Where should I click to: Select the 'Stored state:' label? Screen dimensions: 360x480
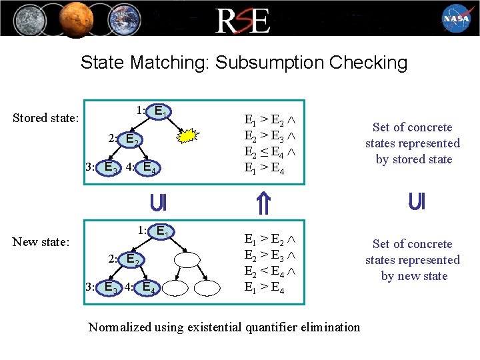click(x=46, y=118)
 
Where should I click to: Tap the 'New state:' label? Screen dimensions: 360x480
click(x=41, y=242)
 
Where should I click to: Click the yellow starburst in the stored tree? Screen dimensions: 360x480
click(x=189, y=136)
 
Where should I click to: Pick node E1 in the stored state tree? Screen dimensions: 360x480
click(x=161, y=111)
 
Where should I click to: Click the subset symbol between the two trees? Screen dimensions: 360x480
click(x=158, y=202)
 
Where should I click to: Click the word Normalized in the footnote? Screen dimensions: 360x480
click(x=120, y=327)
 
